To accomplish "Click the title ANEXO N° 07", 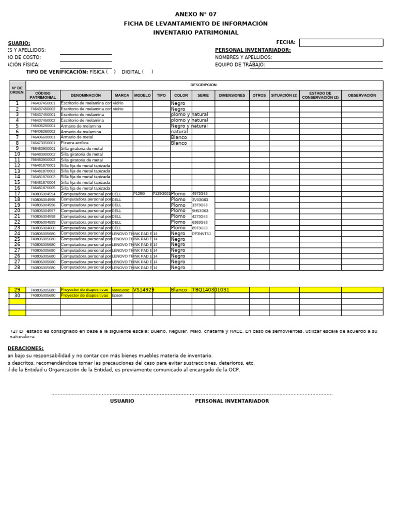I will point(196,14).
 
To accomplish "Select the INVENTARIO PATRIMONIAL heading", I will point(196,33).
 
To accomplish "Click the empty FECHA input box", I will point(341,43).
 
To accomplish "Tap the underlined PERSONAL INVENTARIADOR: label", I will point(253,50).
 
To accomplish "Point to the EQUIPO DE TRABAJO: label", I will point(240,65).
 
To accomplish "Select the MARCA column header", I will point(122,96).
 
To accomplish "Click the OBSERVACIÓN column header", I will point(362,96).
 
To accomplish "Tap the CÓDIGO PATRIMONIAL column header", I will point(43,96).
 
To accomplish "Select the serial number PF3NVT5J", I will point(202,234).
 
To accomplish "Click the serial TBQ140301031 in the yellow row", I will point(210,290).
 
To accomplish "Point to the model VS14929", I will point(144,290).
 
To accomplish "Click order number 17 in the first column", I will point(17,194).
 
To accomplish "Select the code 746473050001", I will point(43,143).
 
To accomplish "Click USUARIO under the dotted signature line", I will point(122,401).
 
